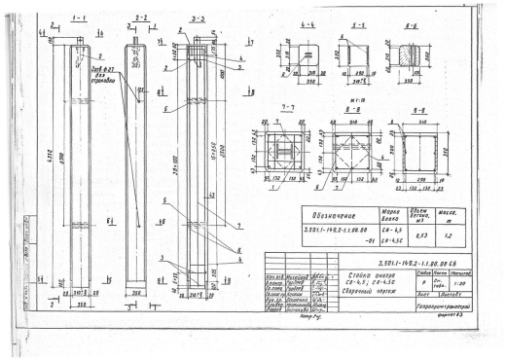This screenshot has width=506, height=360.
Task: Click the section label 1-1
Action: click(80, 18)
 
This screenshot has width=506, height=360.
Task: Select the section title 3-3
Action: click(197, 18)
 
